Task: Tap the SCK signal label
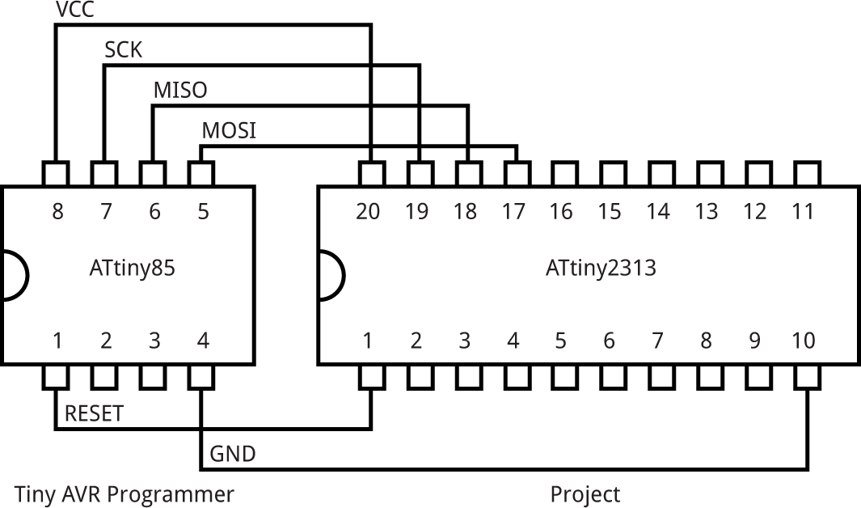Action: (x=123, y=50)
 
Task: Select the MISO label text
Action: (x=179, y=90)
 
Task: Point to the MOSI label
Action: (x=229, y=130)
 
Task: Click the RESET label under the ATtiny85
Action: (x=94, y=414)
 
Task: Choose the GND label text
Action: (x=233, y=454)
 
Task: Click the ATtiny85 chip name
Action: (x=133, y=268)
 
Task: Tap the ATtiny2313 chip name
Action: (x=601, y=268)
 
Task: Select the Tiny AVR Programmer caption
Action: (x=125, y=493)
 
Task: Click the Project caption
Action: (x=585, y=493)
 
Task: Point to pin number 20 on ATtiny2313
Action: (x=368, y=212)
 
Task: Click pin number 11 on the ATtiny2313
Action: (x=803, y=212)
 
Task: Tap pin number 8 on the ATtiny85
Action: (x=57, y=212)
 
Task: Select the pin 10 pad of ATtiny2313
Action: (x=806, y=376)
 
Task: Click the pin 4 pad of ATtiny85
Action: (x=201, y=376)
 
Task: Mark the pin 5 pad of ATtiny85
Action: (x=201, y=173)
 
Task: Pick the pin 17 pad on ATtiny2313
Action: (x=516, y=173)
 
